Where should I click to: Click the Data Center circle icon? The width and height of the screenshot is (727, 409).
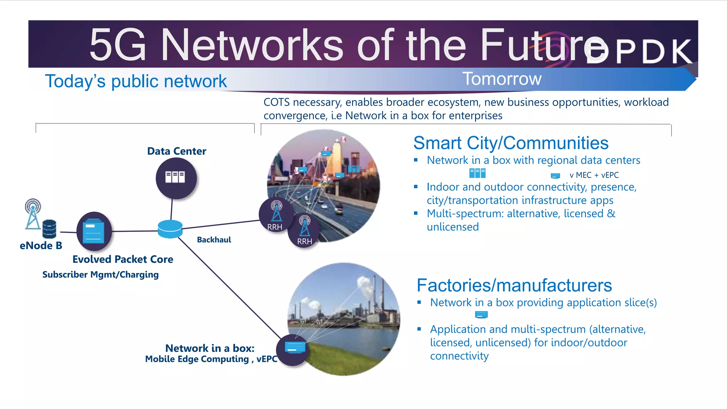pyautogui.click(x=176, y=178)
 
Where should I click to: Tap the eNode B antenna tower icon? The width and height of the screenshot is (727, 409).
pyautogui.click(x=33, y=214)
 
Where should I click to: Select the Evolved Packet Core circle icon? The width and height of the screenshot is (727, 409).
pyautogui.click(x=94, y=231)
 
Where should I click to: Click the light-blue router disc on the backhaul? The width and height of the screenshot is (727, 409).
pyautogui.click(x=170, y=229)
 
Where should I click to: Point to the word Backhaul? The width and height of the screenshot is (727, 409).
pyautogui.click(x=214, y=240)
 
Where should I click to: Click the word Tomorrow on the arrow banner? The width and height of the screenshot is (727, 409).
pyautogui.click(x=502, y=78)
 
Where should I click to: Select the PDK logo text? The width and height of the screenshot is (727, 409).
pyautogui.click(x=639, y=52)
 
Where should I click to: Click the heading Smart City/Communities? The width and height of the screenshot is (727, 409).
pyautogui.click(x=510, y=143)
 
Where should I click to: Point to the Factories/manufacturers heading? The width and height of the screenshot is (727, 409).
pyautogui.click(x=514, y=285)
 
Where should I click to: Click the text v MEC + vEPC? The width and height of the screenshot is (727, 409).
pyautogui.click(x=594, y=175)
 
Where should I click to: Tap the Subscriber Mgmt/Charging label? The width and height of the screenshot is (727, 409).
pyautogui.click(x=100, y=274)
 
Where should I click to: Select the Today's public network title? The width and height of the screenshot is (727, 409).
pyautogui.click(x=136, y=81)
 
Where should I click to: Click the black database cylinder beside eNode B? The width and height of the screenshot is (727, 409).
pyautogui.click(x=49, y=229)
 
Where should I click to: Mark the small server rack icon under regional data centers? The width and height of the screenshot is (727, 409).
pyautogui.click(x=477, y=173)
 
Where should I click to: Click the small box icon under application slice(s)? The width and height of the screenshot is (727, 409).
pyautogui.click(x=481, y=315)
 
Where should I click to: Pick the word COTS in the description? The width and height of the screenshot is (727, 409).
pyautogui.click(x=277, y=102)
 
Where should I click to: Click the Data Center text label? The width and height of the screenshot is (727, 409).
pyautogui.click(x=176, y=151)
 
